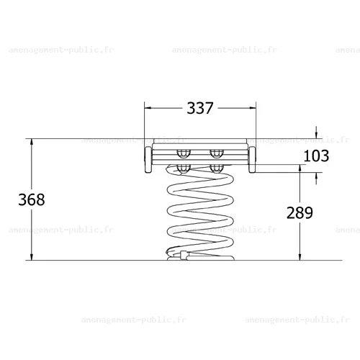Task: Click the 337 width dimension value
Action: click(x=200, y=108)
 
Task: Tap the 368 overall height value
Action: click(x=32, y=199)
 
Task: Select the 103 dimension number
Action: click(x=316, y=156)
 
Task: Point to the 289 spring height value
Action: click(x=300, y=212)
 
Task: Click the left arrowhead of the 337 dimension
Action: click(x=148, y=108)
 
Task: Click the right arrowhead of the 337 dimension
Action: click(x=253, y=108)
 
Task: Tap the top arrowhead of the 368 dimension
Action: click(x=32, y=143)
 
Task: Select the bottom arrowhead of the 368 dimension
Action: click(x=32, y=256)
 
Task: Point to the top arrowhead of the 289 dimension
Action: click(x=300, y=168)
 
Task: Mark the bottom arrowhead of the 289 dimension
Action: click(x=300, y=256)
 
